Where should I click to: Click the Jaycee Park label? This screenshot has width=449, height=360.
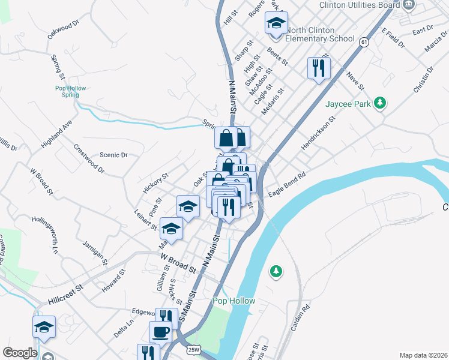click(x=346, y=104)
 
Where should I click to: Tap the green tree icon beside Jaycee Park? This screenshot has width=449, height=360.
click(x=379, y=103)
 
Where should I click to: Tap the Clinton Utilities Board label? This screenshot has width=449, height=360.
click(x=360, y=5)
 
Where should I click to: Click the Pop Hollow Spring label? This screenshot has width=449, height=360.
click(x=71, y=91)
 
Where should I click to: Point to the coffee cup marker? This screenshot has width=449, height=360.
click(x=160, y=332)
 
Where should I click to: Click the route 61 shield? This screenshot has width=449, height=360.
click(x=364, y=41)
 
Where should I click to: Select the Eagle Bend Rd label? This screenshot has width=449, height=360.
click(x=287, y=181)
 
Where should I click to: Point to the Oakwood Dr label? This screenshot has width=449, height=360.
click(x=64, y=30)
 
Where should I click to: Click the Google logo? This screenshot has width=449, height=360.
click(x=20, y=353)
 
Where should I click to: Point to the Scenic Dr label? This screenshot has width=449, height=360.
click(x=113, y=155)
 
